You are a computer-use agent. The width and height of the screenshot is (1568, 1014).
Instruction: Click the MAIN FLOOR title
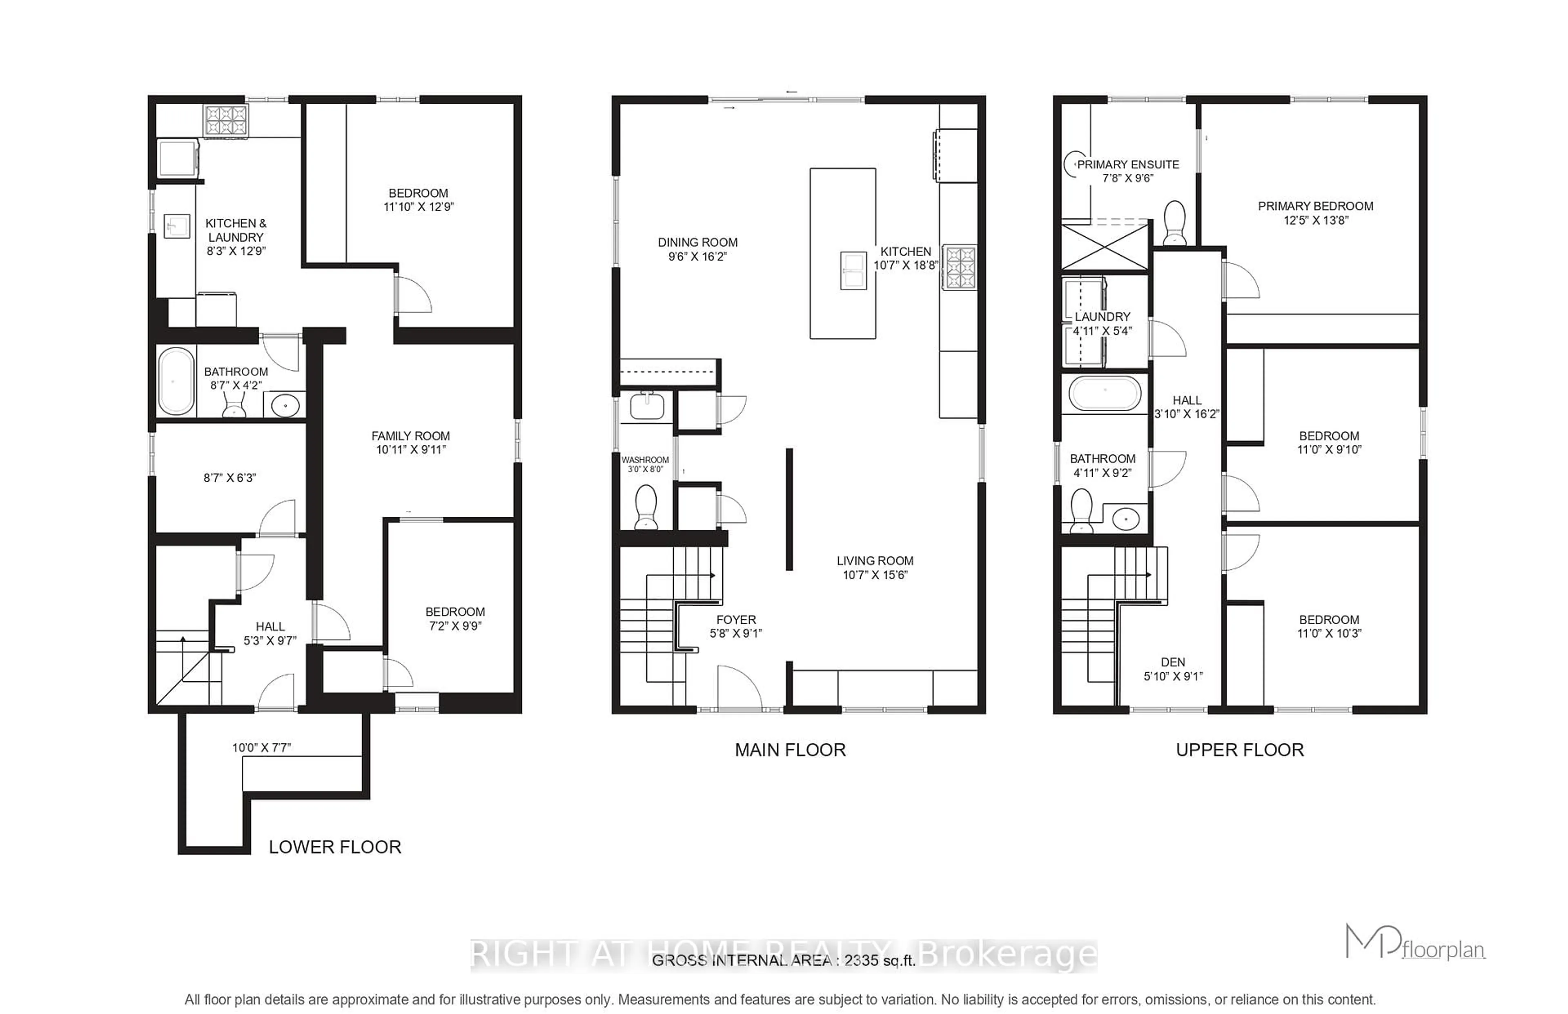click(790, 750)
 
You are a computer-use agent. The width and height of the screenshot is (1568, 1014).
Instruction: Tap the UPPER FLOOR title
click(1239, 750)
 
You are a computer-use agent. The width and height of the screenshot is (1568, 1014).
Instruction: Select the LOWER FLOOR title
click(334, 847)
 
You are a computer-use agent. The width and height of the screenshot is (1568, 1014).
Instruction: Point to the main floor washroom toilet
click(646, 506)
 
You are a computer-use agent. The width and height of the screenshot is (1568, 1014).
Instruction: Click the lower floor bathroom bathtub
click(176, 382)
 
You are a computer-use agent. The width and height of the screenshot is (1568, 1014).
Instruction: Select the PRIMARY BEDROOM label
click(1315, 206)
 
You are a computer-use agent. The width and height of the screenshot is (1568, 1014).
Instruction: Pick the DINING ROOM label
click(697, 242)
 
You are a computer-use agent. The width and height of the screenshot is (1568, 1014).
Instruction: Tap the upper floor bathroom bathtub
click(1105, 394)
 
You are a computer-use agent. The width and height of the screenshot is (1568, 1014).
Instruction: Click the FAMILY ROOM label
click(410, 436)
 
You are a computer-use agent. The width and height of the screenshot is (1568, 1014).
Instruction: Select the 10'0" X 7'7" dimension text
click(261, 747)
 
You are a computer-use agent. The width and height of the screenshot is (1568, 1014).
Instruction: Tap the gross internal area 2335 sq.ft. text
click(783, 961)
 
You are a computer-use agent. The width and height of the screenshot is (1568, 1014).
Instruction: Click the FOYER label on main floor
click(735, 620)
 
